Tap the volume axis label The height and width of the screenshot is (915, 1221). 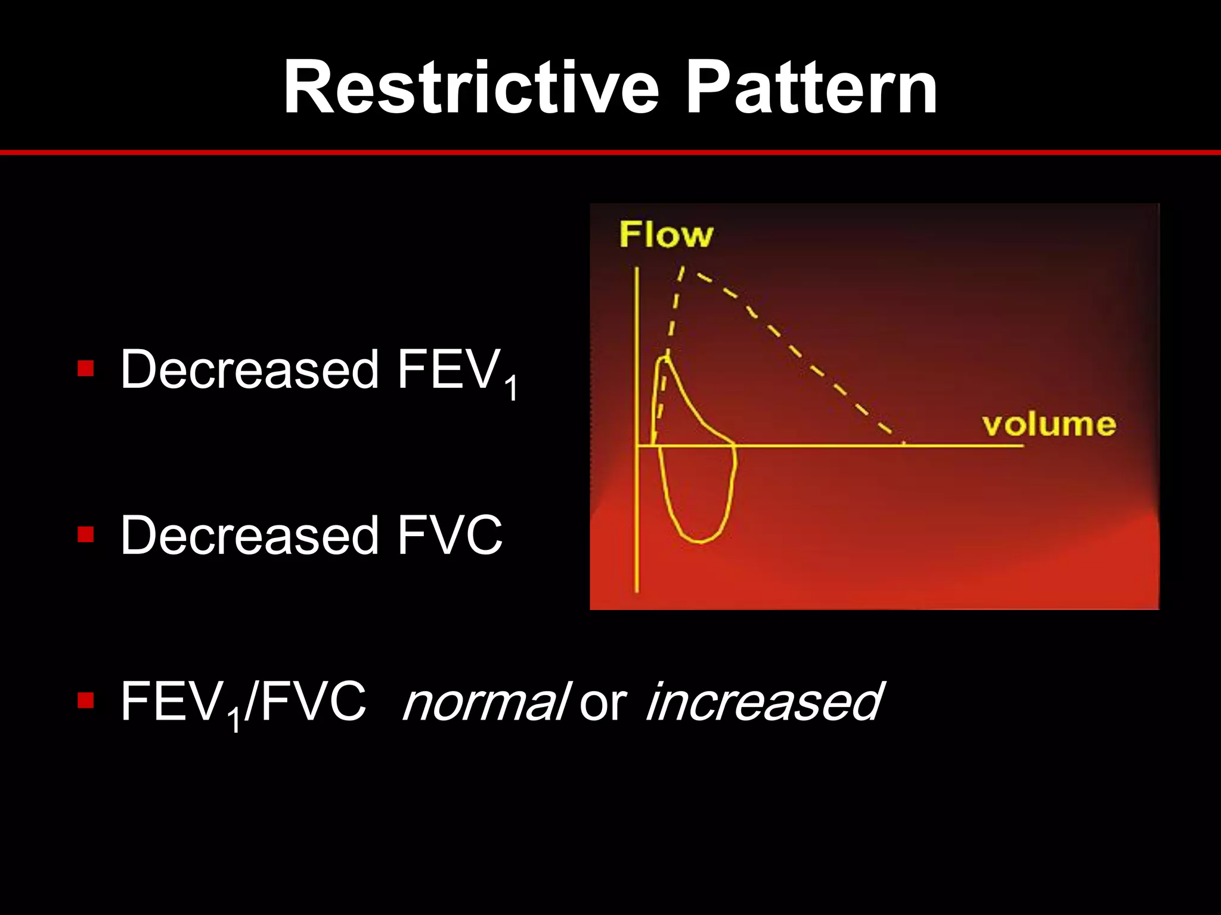pos(1049,425)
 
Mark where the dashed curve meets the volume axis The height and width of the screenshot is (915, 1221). pos(904,444)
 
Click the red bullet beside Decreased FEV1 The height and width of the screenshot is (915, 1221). pos(86,369)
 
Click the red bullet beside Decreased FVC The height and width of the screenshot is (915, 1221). pos(86,534)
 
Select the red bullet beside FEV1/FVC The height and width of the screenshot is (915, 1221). pos(86,701)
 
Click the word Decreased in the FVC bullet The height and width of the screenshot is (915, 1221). pos(249,535)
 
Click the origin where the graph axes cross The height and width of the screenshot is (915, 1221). pos(637,445)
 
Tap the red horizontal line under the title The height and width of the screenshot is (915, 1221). pos(610,152)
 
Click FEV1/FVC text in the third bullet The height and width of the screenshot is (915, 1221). pos(243,703)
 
